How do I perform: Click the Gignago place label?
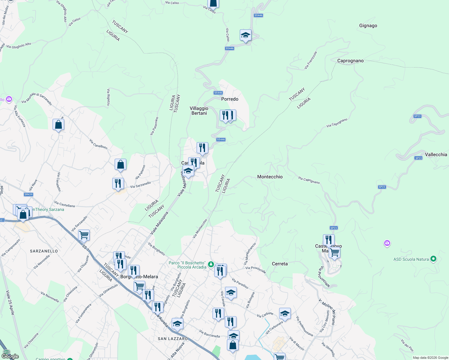(x=368, y=26)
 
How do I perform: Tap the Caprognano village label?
(x=350, y=61)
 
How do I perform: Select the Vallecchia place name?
(x=436, y=155)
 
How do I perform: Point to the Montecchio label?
(x=270, y=177)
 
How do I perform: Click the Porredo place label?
(x=230, y=99)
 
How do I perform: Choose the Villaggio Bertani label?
(x=199, y=111)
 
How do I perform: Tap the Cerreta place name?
(x=280, y=264)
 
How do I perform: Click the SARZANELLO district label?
(x=44, y=251)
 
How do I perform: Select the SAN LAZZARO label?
(x=173, y=339)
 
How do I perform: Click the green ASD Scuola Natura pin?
(x=433, y=259)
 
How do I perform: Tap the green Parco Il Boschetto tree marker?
(x=211, y=264)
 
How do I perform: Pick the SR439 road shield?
(x=29, y=194)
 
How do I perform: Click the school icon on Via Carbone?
(x=285, y=314)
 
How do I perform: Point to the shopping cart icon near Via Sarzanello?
(x=84, y=235)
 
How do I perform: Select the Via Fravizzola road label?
(x=311, y=60)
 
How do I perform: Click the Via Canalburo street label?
(x=98, y=144)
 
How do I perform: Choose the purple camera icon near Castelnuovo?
(x=387, y=243)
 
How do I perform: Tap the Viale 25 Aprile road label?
(x=10, y=302)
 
